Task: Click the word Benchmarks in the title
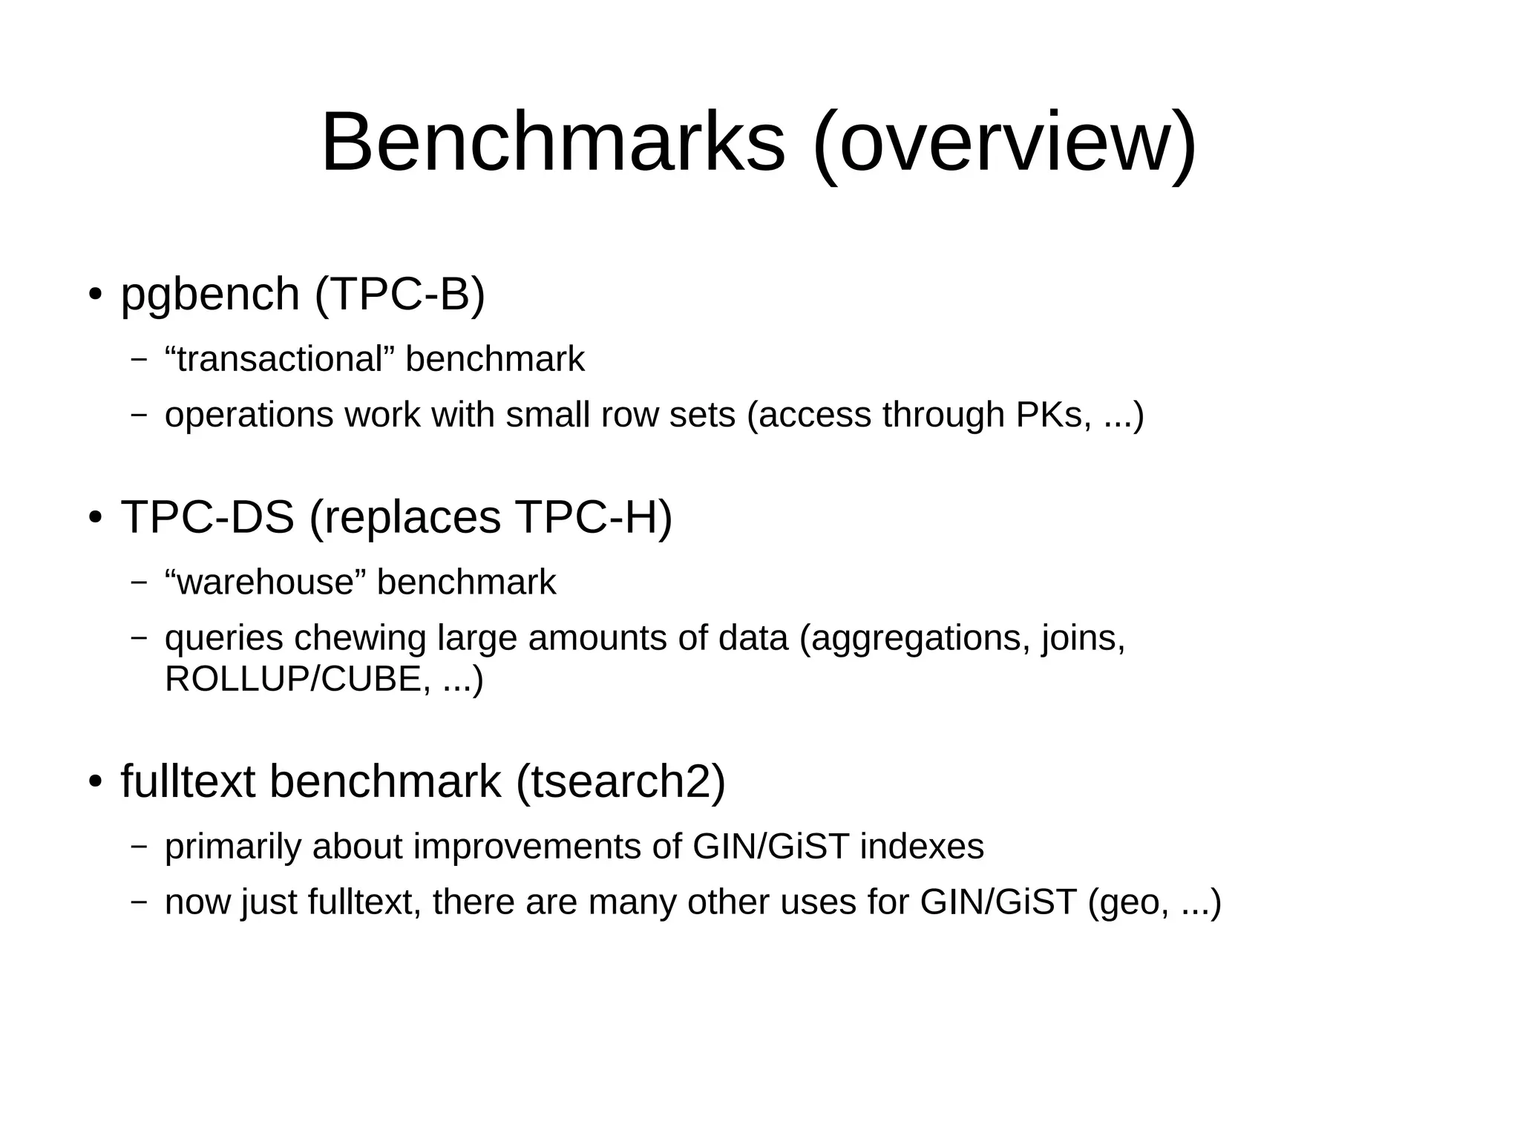click(x=553, y=142)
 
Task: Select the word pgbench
click(x=210, y=294)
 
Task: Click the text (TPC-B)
click(x=400, y=294)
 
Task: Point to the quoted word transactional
click(x=280, y=359)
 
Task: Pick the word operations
click(x=249, y=415)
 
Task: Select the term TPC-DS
click(x=208, y=516)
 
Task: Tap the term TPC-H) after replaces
click(x=593, y=516)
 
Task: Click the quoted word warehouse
click(x=266, y=582)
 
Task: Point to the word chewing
click(x=360, y=638)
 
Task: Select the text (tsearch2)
click(x=620, y=781)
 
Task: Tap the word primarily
click(x=233, y=847)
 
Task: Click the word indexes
click(x=922, y=847)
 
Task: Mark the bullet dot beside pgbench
click(x=94, y=295)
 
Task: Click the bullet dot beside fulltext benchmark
click(x=94, y=782)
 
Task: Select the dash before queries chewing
click(x=139, y=638)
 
